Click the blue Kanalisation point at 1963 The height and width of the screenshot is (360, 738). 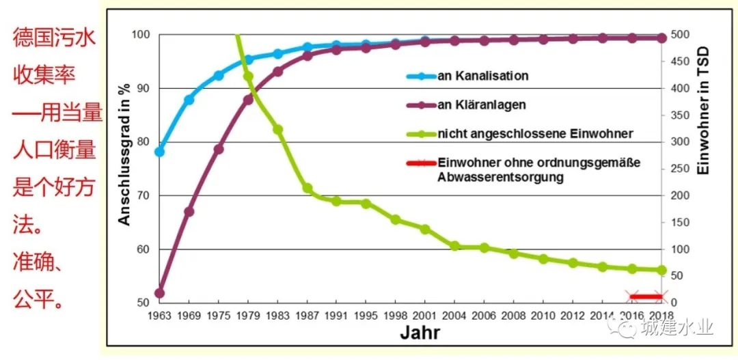160,152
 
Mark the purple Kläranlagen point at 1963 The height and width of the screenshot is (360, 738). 160,294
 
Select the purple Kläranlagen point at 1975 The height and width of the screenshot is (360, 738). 219,149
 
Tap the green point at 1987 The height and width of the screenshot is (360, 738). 307,188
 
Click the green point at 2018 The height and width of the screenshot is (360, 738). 661,270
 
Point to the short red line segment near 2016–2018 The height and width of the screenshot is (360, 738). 646,296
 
